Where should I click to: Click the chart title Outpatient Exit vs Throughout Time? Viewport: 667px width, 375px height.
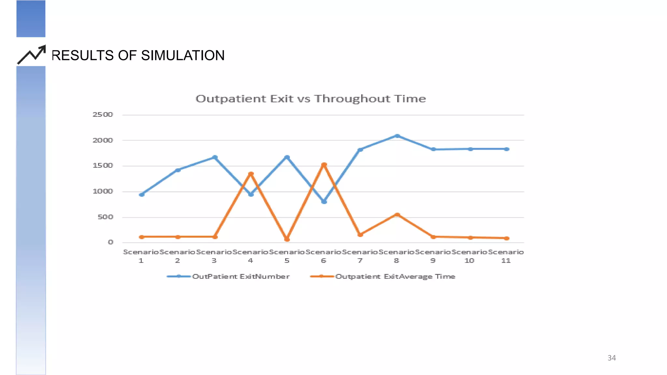(x=311, y=99)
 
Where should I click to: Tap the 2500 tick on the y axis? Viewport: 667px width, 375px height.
(x=103, y=115)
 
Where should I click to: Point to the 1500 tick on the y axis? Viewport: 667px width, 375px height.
(x=103, y=166)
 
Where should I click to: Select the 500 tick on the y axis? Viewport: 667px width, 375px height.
(x=105, y=217)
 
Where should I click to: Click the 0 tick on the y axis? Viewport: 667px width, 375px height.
(x=111, y=242)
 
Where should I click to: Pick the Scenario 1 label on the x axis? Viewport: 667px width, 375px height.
(x=141, y=256)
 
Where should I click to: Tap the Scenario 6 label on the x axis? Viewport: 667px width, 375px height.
(x=323, y=256)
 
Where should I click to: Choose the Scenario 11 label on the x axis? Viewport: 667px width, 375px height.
(x=506, y=256)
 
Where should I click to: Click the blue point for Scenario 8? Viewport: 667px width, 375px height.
(x=397, y=136)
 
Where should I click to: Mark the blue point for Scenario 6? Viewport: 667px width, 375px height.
(x=324, y=202)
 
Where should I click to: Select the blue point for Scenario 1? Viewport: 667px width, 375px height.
(x=142, y=195)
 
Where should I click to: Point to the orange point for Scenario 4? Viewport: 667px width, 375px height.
(x=251, y=174)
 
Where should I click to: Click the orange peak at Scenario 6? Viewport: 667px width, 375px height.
(x=324, y=165)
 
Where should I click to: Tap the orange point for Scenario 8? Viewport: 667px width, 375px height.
(x=397, y=215)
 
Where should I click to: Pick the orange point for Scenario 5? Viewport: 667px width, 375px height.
(x=287, y=239)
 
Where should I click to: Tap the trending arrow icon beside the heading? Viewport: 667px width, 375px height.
(x=32, y=55)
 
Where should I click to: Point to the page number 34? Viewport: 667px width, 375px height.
(x=612, y=358)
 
